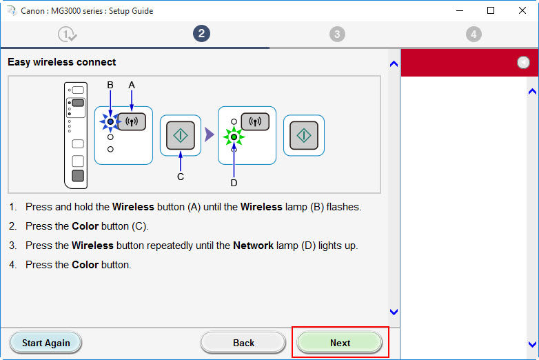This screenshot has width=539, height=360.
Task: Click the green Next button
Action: pyautogui.click(x=340, y=343)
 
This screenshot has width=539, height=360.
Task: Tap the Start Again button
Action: pyautogui.click(x=45, y=343)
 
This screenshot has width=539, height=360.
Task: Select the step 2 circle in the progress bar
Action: pyautogui.click(x=201, y=34)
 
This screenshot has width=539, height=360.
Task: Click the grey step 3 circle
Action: pyautogui.click(x=337, y=34)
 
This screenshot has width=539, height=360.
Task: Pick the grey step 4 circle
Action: pyautogui.click(x=474, y=34)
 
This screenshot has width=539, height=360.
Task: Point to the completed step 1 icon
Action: pyautogui.click(x=67, y=34)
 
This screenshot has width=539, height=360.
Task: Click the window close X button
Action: pyautogui.click(x=522, y=10)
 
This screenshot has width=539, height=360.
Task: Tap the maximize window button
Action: pyautogui.click(x=491, y=10)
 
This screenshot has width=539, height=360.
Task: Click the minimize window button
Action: pyautogui.click(x=460, y=11)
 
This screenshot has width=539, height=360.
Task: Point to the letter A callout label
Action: pyautogui.click(x=132, y=85)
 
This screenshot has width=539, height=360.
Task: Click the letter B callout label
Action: pyautogui.click(x=110, y=85)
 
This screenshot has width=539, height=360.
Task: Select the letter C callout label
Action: pyautogui.click(x=181, y=177)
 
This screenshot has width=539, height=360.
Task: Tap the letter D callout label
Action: pyautogui.click(x=234, y=183)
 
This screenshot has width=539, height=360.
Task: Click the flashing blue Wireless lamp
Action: pyautogui.click(x=110, y=121)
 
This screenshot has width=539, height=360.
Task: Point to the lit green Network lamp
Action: pyautogui.click(x=234, y=137)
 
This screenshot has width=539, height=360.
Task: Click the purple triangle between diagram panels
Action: pyautogui.click(x=209, y=134)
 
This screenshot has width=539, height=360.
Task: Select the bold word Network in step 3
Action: pyautogui.click(x=254, y=246)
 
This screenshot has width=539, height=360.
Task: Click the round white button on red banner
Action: pyautogui.click(x=523, y=62)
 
